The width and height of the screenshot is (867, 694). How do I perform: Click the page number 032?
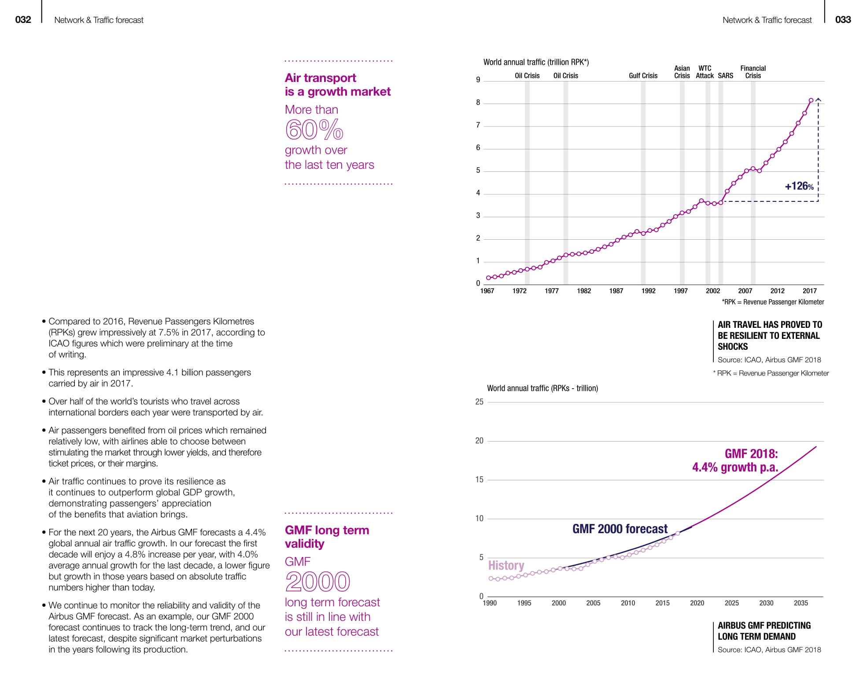(x=23, y=20)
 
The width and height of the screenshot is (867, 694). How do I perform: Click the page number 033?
(x=843, y=20)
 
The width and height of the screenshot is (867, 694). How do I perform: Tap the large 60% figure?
(x=314, y=130)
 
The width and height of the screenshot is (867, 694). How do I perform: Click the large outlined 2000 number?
(x=317, y=582)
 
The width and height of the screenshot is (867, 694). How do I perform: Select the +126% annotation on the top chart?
(x=799, y=186)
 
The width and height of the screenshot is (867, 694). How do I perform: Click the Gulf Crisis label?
(x=643, y=76)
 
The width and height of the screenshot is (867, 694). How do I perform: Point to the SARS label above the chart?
(x=725, y=76)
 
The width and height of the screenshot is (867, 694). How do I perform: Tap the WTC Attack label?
(x=705, y=72)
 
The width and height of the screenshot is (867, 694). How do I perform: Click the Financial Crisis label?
(x=753, y=72)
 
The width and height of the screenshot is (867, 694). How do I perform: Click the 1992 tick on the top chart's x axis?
(x=648, y=291)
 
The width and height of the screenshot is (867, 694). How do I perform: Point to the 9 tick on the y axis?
(x=478, y=80)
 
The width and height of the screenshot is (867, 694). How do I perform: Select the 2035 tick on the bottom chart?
(x=801, y=603)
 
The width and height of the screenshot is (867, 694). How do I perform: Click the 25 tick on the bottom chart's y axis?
(x=479, y=402)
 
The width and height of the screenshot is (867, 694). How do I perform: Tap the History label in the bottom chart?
(x=506, y=565)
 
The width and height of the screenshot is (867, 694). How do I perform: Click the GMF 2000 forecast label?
(x=620, y=529)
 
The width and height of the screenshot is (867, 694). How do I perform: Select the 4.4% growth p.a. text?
(x=735, y=467)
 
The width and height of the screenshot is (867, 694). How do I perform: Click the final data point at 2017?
(x=811, y=100)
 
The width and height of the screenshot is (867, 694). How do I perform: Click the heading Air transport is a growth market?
(x=337, y=85)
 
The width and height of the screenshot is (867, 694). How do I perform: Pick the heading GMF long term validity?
(x=327, y=537)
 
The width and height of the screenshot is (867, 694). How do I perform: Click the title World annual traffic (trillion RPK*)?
(x=536, y=62)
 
